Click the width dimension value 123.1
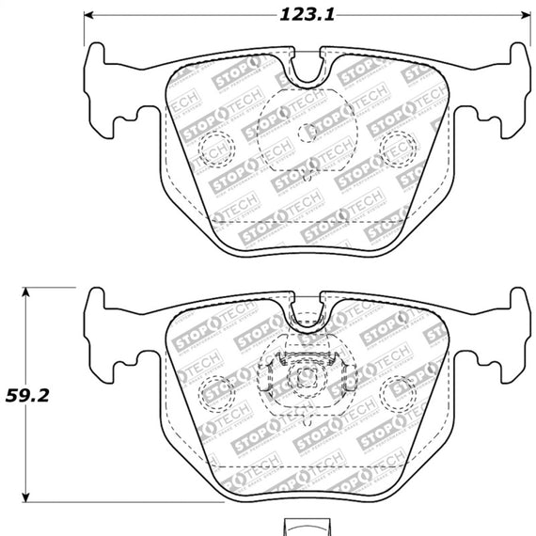[307, 14]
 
